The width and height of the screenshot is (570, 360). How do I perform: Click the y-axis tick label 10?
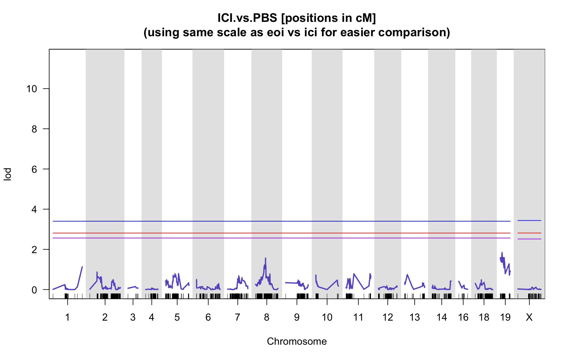32,89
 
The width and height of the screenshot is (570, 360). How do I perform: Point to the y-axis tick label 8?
34,129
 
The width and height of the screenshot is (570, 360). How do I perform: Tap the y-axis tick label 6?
34,169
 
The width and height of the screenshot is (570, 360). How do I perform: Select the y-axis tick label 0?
34,290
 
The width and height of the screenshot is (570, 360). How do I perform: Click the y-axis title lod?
7,174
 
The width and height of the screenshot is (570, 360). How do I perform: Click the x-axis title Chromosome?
297,341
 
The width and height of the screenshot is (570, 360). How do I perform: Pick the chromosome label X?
529,317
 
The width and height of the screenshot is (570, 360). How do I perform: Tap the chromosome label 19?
505,317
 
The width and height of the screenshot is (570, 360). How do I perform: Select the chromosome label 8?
267,317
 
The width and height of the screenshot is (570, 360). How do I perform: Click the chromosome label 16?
463,317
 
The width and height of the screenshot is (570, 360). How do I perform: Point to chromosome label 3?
133,317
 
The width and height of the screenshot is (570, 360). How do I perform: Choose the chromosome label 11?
358,317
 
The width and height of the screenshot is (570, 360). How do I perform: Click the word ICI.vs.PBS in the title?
247,18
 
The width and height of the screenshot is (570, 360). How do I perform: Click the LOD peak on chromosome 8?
265,258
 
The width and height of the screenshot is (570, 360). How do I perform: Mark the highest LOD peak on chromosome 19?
502,252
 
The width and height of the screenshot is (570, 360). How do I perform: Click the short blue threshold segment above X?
529,221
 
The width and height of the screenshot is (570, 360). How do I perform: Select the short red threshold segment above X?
529,233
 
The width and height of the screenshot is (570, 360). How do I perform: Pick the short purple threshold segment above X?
529,239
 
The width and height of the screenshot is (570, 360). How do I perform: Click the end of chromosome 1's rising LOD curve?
82,267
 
